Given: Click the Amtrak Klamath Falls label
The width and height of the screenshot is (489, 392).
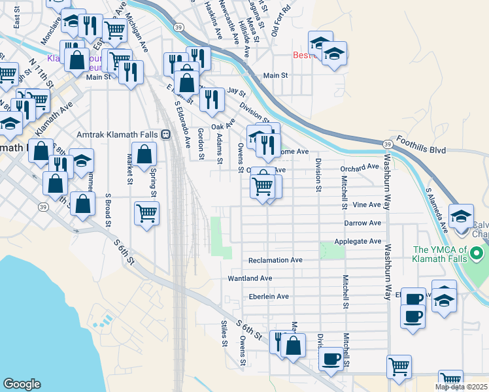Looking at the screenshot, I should point(117,134).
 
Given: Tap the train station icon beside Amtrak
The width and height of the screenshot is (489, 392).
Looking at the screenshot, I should point(165,134).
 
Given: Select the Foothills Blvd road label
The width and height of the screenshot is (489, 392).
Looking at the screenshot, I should point(423,150).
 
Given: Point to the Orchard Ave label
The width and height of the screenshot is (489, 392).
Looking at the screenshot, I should point(360,167).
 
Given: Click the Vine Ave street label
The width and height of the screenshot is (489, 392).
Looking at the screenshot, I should point(366,204).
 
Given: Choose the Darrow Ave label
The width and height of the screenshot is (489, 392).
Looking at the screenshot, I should point(362,223).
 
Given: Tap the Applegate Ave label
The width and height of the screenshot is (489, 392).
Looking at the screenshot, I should point(358,242).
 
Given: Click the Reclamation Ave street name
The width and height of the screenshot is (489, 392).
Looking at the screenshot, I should point(275,260).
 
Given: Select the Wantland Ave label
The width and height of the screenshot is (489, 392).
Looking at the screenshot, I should point(249,278).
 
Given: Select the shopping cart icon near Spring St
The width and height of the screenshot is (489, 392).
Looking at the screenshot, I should point(146,213).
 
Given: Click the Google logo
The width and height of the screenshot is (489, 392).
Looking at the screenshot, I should point(22,384).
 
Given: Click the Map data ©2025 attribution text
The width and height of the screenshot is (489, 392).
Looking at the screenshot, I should point(461,387).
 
